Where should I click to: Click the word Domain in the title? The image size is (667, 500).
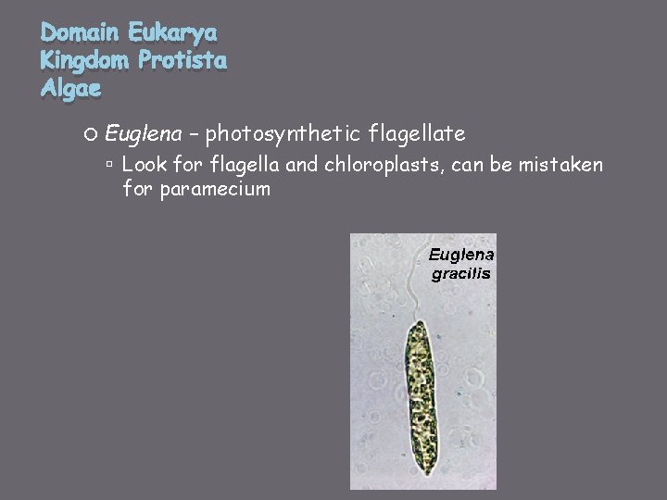click(x=81, y=34)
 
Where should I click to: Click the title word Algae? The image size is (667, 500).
click(x=71, y=90)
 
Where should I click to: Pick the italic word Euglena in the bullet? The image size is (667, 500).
click(x=143, y=135)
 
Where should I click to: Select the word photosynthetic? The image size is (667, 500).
click(x=283, y=135)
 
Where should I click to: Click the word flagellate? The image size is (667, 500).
click(x=416, y=135)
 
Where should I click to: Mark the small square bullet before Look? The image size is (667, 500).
click(x=109, y=166)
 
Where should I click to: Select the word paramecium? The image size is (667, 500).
click(x=215, y=190)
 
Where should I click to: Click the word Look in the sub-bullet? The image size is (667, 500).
click(x=143, y=166)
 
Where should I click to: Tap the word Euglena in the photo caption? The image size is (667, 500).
click(x=461, y=255)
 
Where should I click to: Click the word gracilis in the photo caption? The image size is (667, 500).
click(x=461, y=273)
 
